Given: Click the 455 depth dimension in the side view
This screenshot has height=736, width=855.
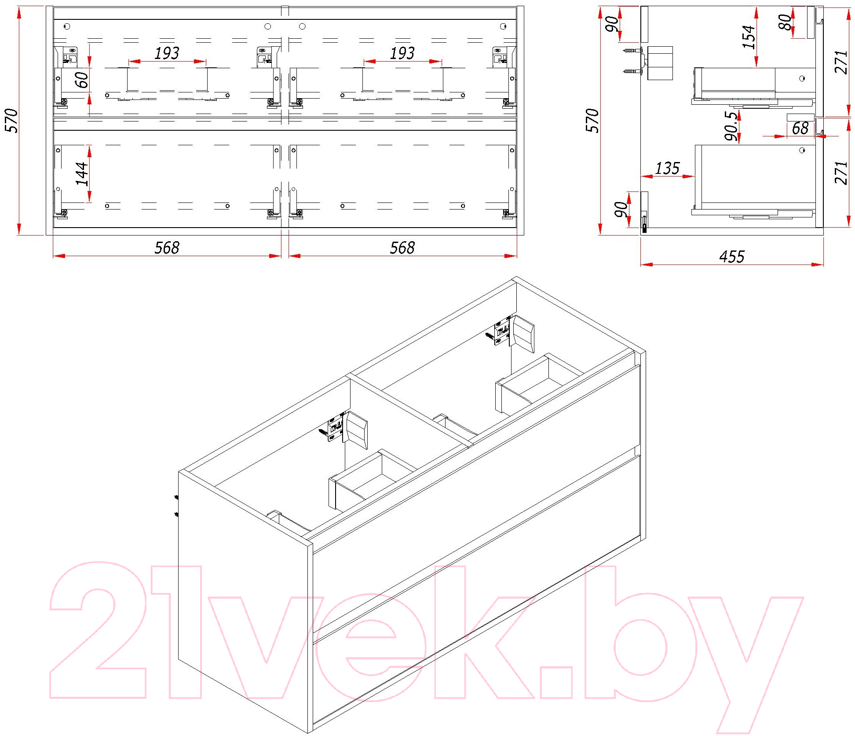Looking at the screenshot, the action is tap(731, 257).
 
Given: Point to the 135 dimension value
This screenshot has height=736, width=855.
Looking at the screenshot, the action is tap(667, 168).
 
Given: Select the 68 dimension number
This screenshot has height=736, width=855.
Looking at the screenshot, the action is tap(800, 129).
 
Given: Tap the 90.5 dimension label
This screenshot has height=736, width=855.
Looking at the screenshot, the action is tap(731, 126).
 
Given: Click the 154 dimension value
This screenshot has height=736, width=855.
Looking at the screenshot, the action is tap(749, 37).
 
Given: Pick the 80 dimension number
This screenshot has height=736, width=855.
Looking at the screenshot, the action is tap(785, 22).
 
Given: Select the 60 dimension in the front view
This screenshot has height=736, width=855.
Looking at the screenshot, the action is tap(82, 80).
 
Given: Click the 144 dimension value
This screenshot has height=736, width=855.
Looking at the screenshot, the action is tap(82, 174).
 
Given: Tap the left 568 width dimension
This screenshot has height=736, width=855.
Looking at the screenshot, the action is tap(167, 248).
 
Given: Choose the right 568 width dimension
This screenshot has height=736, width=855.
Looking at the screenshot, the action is tap(402, 248).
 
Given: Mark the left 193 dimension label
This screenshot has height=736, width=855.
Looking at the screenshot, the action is tap(167, 53).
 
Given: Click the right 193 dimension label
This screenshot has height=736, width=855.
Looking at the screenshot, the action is tap(402, 53).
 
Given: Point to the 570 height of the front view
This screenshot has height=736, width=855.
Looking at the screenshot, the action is tap(11, 121).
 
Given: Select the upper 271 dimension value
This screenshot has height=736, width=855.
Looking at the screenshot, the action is tap(840, 62).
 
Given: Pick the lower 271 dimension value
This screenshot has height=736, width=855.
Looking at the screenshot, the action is tap(840, 173).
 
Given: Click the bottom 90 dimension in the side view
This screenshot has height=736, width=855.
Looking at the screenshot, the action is tap(621, 210).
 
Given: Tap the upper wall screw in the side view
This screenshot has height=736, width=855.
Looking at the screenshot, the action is tap(632, 51).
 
